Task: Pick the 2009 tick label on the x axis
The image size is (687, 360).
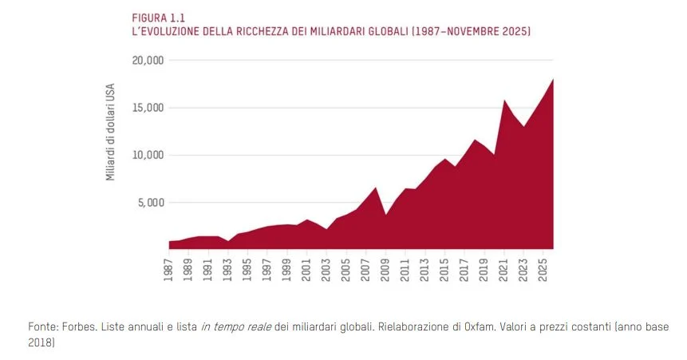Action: coord(385,267)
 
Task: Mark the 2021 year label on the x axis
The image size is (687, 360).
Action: coord(503,267)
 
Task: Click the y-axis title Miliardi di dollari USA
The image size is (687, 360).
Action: coord(111,131)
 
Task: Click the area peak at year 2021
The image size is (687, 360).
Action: coord(503,101)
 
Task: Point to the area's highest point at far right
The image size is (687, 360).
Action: coord(552,80)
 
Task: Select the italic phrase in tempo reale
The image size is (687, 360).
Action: coord(237,328)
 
